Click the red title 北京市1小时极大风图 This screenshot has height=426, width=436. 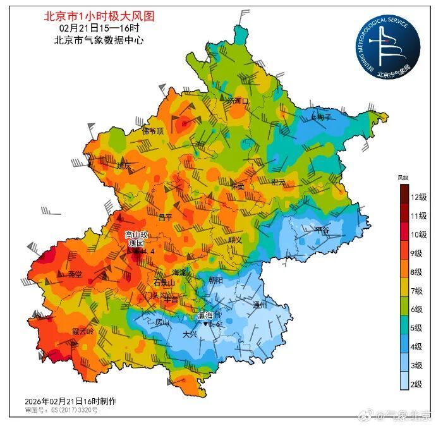click(99, 15)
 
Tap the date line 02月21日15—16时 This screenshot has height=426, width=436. click(99, 28)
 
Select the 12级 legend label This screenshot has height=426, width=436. click(418, 197)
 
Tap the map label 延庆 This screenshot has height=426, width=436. click(124, 166)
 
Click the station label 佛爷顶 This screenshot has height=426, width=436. click(152, 131)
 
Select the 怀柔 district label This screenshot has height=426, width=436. click(237, 187)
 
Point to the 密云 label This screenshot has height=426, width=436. click(278, 183)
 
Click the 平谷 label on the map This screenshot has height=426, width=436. click(323, 231)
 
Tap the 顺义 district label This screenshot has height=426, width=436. click(235, 240)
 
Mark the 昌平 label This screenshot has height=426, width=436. click(165, 217)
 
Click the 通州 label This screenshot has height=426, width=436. click(260, 305)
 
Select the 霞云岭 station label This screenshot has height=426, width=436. click(82, 331)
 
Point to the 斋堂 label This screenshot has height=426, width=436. click(75, 275)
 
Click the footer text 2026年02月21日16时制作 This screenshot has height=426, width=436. click(70, 401)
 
